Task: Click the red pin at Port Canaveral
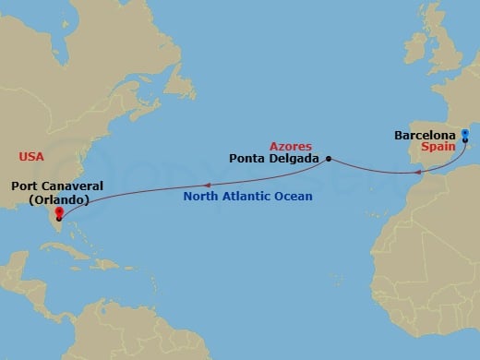58,213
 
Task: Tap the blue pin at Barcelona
464,136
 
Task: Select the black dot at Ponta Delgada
329,158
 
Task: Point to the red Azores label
290,146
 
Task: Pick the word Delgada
294,158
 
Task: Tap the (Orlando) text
57,199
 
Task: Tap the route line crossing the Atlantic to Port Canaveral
185,186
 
